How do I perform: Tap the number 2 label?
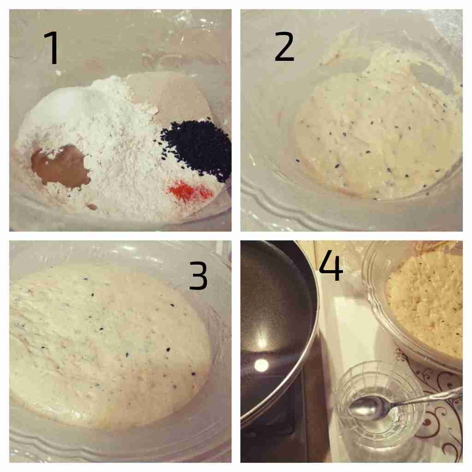(284, 46)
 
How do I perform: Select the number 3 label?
(198, 276)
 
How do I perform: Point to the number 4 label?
(330, 265)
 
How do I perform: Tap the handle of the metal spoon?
(428, 397)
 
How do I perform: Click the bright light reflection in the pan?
(261, 365)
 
